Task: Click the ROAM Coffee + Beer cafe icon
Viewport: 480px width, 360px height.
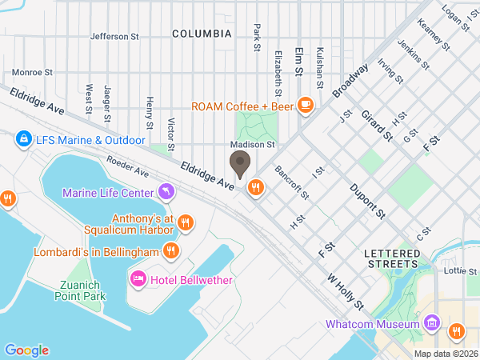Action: (x=305, y=104)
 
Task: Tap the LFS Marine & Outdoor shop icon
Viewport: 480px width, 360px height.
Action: (x=24, y=140)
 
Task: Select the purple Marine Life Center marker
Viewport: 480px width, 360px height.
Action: (x=166, y=190)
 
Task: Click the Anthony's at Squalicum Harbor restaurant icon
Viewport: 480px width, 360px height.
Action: (x=185, y=222)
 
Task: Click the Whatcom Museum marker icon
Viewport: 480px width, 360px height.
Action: (x=432, y=324)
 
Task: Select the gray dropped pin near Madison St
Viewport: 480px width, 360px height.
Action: (x=239, y=165)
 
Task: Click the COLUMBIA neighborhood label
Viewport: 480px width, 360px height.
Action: (x=202, y=34)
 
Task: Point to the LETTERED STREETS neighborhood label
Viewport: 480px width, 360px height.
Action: (x=390, y=258)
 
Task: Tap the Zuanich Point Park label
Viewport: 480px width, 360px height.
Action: (x=82, y=291)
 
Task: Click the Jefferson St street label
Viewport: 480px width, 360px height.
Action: (x=115, y=36)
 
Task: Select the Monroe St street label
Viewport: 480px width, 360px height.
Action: (x=32, y=71)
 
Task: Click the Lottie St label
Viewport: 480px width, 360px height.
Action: (x=461, y=270)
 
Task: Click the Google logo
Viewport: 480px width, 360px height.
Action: (x=26, y=350)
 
